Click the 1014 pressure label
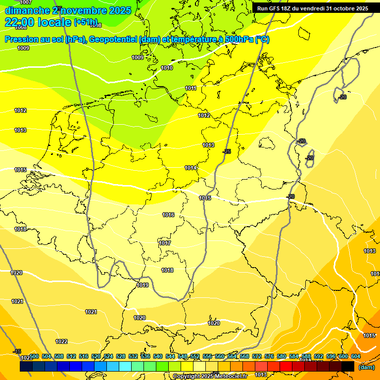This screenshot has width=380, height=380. pyautogui.click(x=191, y=168)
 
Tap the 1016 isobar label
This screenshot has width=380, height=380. pyautogui.click(x=168, y=215)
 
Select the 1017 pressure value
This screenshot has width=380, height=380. pyautogui.click(x=165, y=243)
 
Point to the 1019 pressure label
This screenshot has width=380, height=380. pyautogui.click(x=142, y=285)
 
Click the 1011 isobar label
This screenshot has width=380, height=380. pyautogui.click(x=190, y=89)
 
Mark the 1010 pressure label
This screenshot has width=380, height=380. pyautogui.click(x=167, y=68)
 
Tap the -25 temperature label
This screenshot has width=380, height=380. pyautogui.click(x=227, y=151)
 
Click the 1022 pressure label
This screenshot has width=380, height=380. pyautogui.click(x=61, y=341)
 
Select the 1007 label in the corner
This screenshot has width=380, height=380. pyautogui.click(x=25, y=3)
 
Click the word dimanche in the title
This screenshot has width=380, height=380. pyautogui.click(x=27, y=10)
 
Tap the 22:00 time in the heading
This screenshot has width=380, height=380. pyautogui.click(x=19, y=22)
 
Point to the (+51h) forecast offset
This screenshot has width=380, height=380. pyautogui.click(x=86, y=22)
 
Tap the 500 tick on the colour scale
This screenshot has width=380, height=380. pyautogui.click(x=34, y=357)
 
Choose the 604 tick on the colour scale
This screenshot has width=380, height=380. pyautogui.click(x=356, y=357)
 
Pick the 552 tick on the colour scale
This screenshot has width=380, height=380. pyautogui.click(x=195, y=357)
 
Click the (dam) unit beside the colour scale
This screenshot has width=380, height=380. pyautogui.click(x=366, y=367)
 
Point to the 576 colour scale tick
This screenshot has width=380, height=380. pyautogui.click(x=269, y=357)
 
